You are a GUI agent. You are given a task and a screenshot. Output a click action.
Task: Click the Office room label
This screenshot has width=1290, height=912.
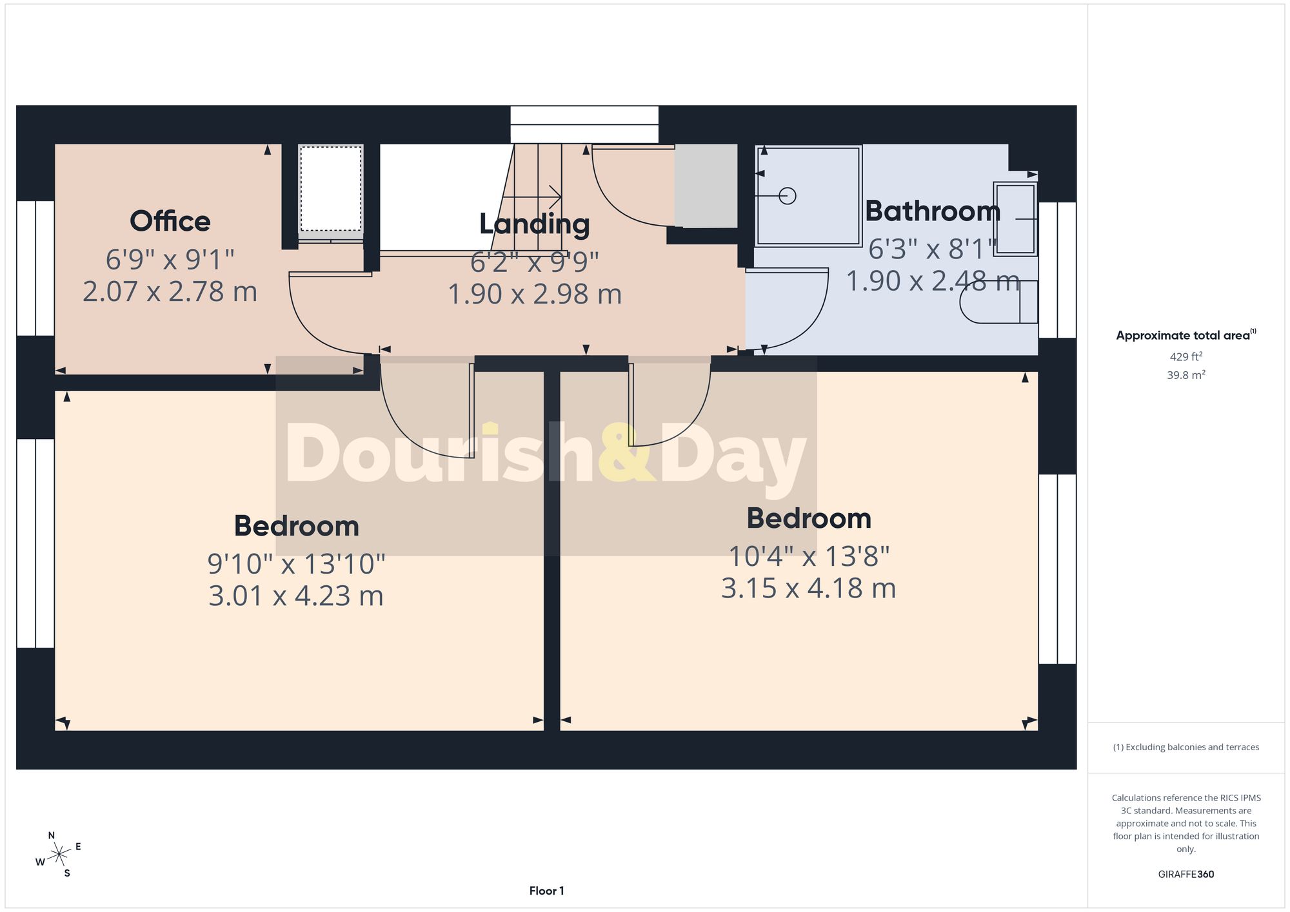(170, 221)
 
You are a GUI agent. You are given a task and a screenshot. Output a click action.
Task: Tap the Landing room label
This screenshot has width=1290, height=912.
(535, 224)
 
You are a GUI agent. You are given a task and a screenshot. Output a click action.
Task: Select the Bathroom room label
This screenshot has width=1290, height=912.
(933, 211)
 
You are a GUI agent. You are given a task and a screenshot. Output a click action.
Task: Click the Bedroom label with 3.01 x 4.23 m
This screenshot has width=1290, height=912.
(297, 526)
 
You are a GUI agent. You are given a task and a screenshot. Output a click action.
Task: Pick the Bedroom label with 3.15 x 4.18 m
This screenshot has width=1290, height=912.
(809, 518)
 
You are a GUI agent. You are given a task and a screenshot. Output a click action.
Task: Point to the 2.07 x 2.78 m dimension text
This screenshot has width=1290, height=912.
(170, 291)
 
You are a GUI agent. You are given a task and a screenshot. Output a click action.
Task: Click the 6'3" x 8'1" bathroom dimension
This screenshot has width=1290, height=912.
(933, 248)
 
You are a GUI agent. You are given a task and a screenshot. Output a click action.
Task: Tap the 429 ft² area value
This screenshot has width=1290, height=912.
(1186, 356)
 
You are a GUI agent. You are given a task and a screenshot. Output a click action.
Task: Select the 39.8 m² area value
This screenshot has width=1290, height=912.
(1186, 374)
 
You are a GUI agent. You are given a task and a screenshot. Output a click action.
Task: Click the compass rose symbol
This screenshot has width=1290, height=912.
(59, 855)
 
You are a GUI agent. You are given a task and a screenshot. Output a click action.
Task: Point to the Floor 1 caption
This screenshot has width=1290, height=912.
(546, 891)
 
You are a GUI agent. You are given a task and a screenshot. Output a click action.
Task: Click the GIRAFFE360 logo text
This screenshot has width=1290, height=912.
(1186, 874)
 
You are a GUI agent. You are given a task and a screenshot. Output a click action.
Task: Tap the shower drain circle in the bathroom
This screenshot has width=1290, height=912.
(788, 195)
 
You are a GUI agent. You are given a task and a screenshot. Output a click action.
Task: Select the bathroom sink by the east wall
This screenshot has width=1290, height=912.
(1015, 219)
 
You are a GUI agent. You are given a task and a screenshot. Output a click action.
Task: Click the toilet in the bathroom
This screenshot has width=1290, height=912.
(998, 302)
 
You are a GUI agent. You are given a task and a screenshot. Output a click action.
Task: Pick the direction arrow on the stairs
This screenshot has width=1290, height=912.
(531, 196)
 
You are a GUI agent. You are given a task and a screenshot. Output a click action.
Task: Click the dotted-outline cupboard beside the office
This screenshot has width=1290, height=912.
(331, 188)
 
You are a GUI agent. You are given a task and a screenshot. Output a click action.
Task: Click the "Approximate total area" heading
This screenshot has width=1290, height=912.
(1186, 335)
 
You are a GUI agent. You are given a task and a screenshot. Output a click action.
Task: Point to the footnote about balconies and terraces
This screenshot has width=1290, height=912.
(1186, 747)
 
